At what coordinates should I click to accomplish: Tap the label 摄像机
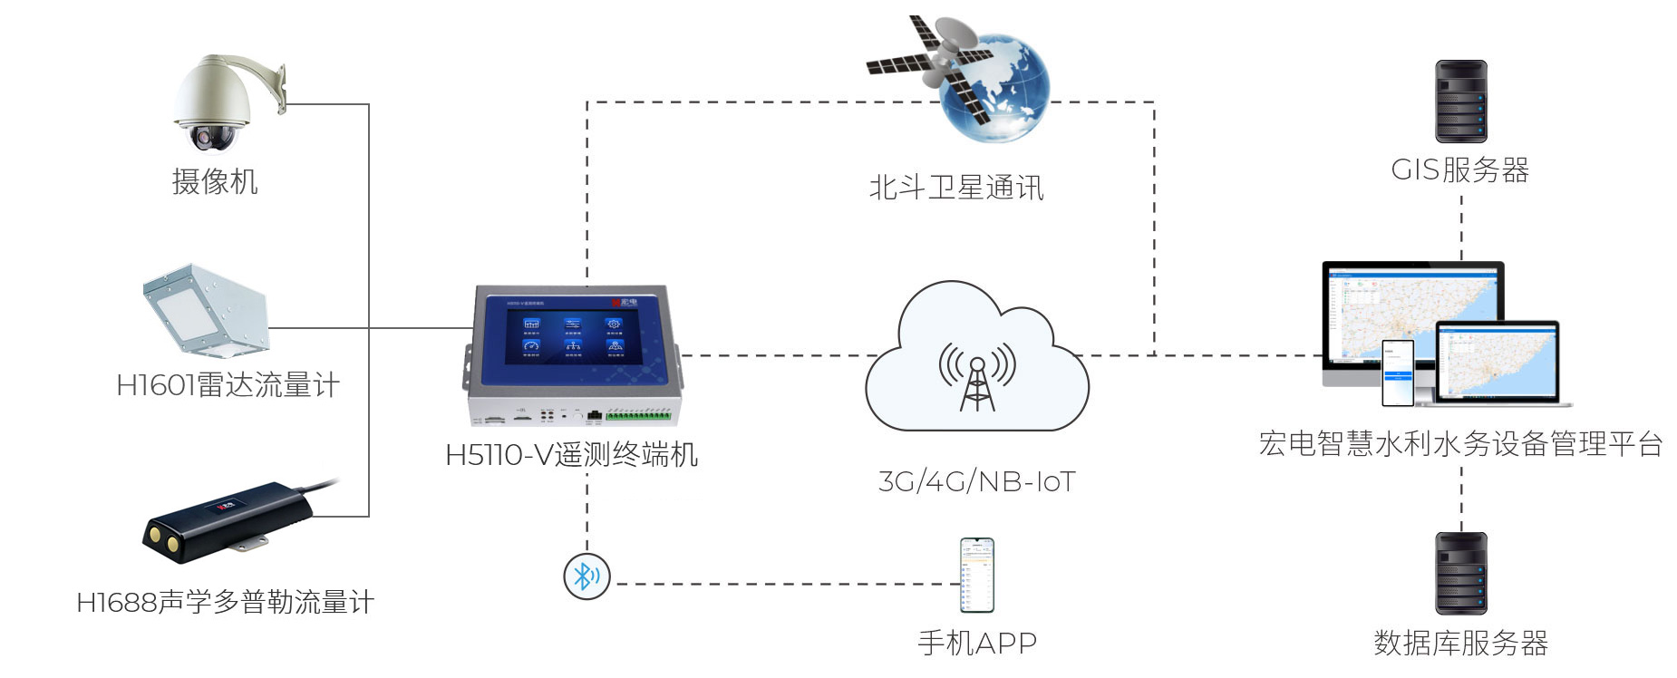point(215,181)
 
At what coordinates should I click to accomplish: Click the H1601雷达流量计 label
point(228,385)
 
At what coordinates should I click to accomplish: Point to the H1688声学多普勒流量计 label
point(225,602)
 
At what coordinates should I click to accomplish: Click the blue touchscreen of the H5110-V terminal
point(572,336)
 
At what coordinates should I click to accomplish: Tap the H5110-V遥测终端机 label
point(571,454)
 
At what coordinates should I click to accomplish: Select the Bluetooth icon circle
point(586,576)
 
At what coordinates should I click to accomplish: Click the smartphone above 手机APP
point(977,575)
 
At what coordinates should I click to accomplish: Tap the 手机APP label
point(977,643)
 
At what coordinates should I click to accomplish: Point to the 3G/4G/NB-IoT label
point(977,481)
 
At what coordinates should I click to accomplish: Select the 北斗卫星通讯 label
point(956,188)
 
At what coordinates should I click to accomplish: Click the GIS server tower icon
point(1460,102)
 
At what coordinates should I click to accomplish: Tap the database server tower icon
point(1460,573)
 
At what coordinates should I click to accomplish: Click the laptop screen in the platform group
point(1497,361)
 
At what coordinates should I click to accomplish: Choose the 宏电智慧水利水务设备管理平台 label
point(1460,443)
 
